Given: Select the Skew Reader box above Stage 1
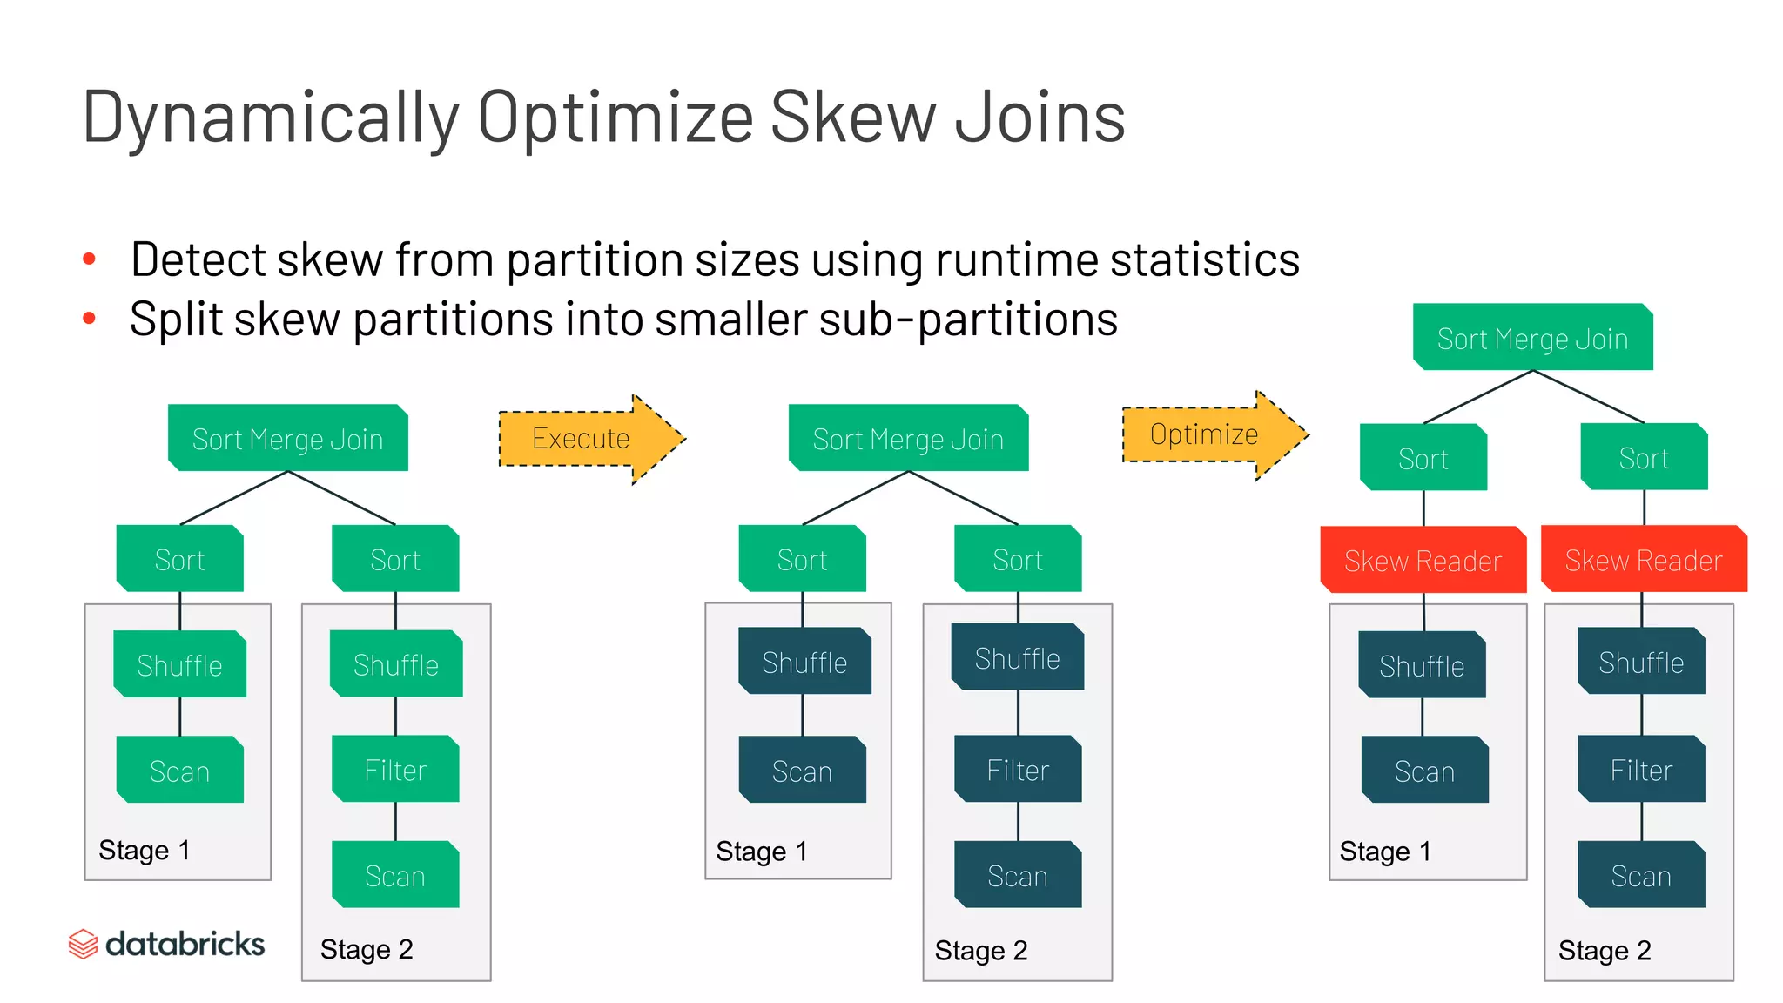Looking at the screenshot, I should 1423,560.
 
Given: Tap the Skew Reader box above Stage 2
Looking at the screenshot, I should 1643,560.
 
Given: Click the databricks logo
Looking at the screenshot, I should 166,944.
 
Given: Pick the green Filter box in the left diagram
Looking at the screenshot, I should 395,770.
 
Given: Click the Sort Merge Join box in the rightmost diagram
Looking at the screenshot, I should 1532,338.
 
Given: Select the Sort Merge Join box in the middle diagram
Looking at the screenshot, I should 908,439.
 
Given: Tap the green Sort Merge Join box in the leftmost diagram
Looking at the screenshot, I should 287,439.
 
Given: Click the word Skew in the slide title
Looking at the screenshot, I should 853,118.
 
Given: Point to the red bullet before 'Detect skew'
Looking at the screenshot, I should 89,259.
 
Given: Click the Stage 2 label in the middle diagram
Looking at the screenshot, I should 981,950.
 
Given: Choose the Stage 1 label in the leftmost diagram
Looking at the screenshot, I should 145,850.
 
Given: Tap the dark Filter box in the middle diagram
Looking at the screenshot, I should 1018,770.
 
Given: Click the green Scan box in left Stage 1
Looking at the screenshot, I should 179,771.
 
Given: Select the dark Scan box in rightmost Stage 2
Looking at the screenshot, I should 1641,875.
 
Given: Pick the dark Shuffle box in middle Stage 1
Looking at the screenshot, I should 804,663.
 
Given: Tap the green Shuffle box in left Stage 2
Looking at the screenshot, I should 396,664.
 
